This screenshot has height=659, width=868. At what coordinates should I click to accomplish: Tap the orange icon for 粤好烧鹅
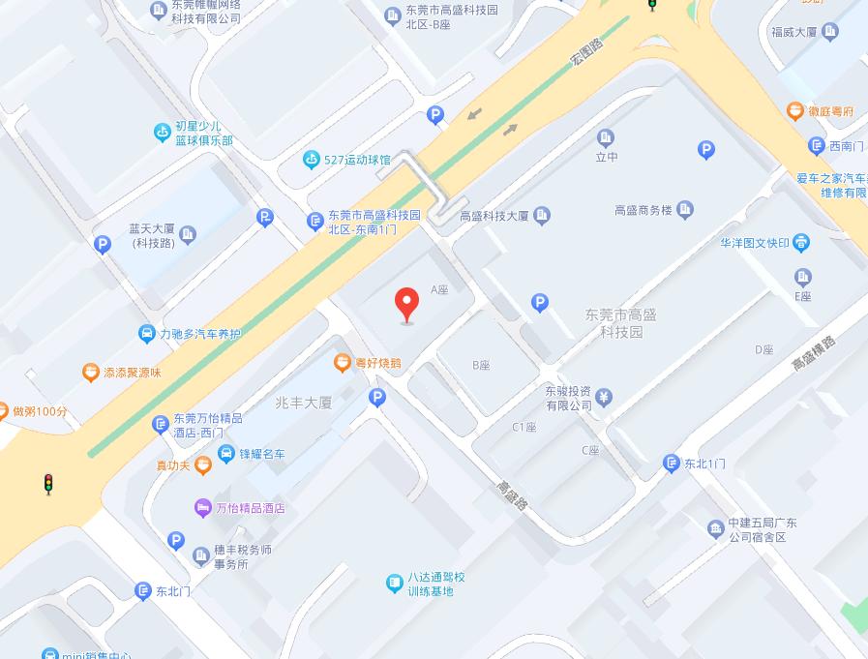pyautogui.click(x=342, y=363)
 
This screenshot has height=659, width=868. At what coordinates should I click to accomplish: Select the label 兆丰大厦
pyautogui.click(x=303, y=403)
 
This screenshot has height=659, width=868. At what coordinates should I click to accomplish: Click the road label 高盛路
pyautogui.click(x=512, y=495)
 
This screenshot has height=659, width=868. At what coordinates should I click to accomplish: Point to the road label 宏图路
pyautogui.click(x=585, y=49)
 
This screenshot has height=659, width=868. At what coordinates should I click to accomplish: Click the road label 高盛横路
pyautogui.click(x=813, y=352)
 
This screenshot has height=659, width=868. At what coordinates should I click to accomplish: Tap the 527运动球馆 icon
pyautogui.click(x=311, y=160)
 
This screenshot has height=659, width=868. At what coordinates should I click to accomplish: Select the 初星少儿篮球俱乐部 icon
pyautogui.click(x=163, y=133)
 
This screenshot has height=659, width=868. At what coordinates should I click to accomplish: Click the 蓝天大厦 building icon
pyautogui.click(x=188, y=233)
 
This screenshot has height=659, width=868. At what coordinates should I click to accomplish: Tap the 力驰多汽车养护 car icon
pyautogui.click(x=146, y=334)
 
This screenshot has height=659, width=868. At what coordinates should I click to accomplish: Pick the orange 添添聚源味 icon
pyautogui.click(x=90, y=372)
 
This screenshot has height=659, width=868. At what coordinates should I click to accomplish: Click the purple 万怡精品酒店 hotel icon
pyautogui.click(x=202, y=507)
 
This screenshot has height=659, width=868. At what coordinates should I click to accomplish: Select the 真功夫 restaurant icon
pyautogui.click(x=202, y=465)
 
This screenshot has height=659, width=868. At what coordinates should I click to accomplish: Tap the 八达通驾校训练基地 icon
pyautogui.click(x=394, y=583)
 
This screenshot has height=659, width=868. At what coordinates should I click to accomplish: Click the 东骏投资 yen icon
pyautogui.click(x=604, y=397)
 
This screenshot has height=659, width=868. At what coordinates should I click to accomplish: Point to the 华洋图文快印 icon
pyautogui.click(x=801, y=242)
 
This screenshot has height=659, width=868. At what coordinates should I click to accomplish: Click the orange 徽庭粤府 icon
pyautogui.click(x=794, y=111)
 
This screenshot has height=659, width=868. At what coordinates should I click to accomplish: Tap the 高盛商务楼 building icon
pyautogui.click(x=685, y=209)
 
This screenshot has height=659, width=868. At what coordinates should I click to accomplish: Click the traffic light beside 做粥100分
pyautogui.click(x=47, y=484)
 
